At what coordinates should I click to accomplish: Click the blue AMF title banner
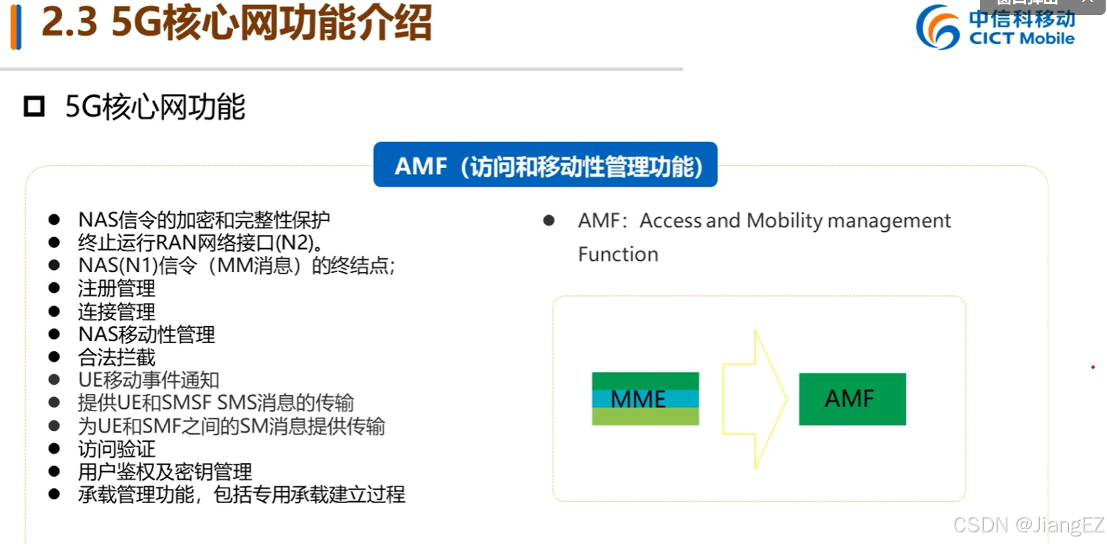pyautogui.click(x=545, y=165)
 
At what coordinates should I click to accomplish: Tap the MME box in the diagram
pyautogui.click(x=645, y=399)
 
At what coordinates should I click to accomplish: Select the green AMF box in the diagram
pyautogui.click(x=852, y=399)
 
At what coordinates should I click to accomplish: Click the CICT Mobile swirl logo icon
pyautogui.click(x=937, y=27)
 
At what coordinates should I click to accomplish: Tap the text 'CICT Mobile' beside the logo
pyautogui.click(x=1022, y=39)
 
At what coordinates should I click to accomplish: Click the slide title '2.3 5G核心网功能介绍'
pyautogui.click(x=236, y=23)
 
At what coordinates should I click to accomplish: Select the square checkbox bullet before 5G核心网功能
pyautogui.click(x=34, y=107)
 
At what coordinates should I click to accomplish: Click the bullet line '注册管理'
pyautogui.click(x=117, y=288)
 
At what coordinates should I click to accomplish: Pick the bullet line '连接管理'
pyautogui.click(x=117, y=312)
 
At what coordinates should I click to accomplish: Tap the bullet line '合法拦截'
pyautogui.click(x=117, y=357)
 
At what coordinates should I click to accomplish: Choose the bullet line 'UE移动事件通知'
pyautogui.click(x=148, y=380)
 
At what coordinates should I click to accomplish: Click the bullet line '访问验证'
pyautogui.click(x=117, y=449)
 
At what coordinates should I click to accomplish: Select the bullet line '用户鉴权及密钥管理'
pyautogui.click(x=164, y=471)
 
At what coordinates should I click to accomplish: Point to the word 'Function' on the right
pyautogui.click(x=618, y=255)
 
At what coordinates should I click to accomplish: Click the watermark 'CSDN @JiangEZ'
pyautogui.click(x=1028, y=525)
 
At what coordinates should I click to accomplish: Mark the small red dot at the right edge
pyautogui.click(x=1093, y=367)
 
